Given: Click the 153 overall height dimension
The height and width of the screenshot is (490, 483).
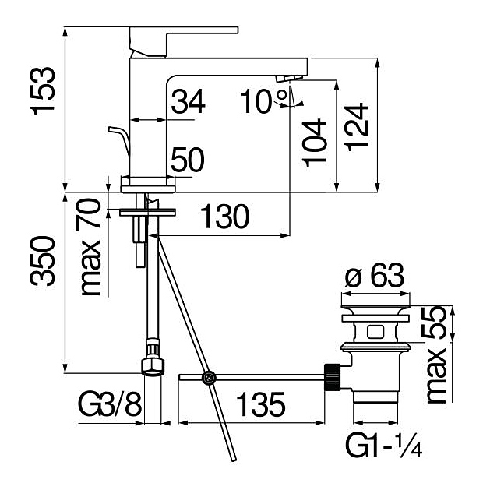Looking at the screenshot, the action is [x=42, y=91].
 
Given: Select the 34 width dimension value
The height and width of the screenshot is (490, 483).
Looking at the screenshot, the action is [x=188, y=101].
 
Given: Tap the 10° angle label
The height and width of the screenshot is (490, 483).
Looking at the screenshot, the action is [x=263, y=100].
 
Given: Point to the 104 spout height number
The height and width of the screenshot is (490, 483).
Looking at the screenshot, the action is [x=315, y=143].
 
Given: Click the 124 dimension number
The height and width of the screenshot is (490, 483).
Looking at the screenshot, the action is [x=357, y=127].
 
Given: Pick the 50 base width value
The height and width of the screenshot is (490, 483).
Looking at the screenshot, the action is [x=188, y=160].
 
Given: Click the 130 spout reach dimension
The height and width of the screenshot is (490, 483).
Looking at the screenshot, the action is [x=224, y=217].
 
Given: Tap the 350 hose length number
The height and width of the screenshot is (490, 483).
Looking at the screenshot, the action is [x=42, y=261].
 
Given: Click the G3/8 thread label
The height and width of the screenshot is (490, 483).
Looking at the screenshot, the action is [x=110, y=404].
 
